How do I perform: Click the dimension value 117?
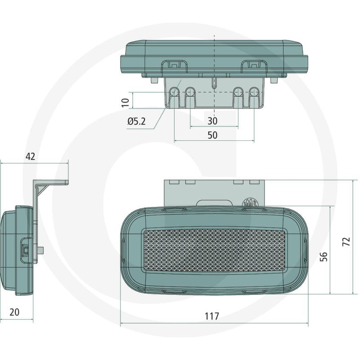[211, 316]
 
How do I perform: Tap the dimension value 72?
[346, 242]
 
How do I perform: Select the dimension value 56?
[324, 256]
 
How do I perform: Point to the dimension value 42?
[31, 156]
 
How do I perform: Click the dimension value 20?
[14, 312]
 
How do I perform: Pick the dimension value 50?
[212, 135]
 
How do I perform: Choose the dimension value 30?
[212, 121]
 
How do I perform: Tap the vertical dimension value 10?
[126, 103]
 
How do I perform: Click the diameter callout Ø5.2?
[137, 121]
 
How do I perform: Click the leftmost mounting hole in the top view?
[175, 92]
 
